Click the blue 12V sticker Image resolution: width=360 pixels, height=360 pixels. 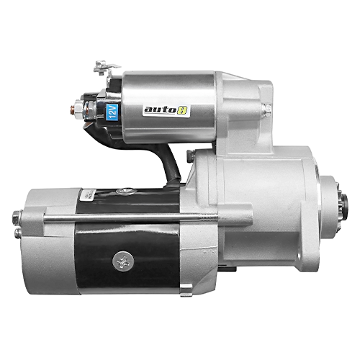click(x=112, y=112)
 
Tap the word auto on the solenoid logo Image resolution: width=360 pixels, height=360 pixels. click(x=156, y=111)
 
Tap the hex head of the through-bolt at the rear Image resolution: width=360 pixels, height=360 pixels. click(x=17, y=215)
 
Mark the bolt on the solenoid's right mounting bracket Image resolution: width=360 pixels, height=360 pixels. click(x=266, y=109)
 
